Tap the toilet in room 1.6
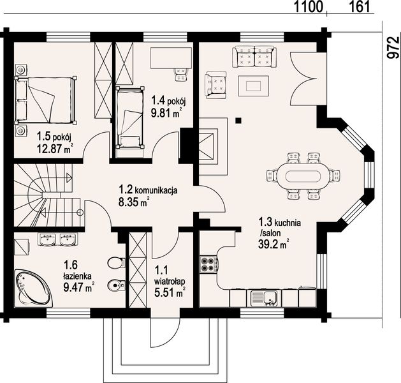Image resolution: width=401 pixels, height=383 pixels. (x=117, y=262)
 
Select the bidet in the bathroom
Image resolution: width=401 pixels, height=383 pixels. (x=117, y=285)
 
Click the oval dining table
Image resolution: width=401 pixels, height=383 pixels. (x=303, y=176)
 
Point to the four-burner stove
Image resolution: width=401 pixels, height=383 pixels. (x=208, y=264)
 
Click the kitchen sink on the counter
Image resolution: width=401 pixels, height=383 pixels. (x=265, y=298)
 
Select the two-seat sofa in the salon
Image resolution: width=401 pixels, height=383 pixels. (x=254, y=57)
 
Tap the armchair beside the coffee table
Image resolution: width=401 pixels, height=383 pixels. (x=215, y=85)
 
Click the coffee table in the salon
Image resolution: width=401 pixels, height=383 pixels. (x=254, y=86)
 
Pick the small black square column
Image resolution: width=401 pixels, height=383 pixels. (x=238, y=121)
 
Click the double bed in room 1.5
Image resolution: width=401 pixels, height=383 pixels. (x=45, y=100)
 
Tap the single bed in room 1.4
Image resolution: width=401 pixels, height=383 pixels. (x=129, y=117)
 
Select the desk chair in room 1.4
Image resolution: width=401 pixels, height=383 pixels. (x=181, y=74)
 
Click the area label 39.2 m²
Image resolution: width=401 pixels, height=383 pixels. (x=273, y=244)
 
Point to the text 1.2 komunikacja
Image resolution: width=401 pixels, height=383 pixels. (x=148, y=190)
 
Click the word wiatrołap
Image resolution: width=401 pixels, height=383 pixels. (x=170, y=282)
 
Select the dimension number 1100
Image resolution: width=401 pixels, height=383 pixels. (x=308, y=6)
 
